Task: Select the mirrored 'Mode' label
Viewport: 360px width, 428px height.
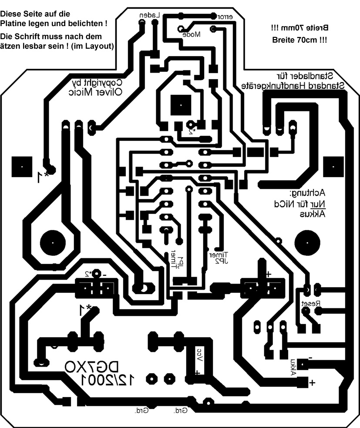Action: [191, 34]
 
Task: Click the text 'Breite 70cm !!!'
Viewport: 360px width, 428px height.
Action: [299, 40]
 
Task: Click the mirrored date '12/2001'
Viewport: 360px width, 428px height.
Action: [107, 380]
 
